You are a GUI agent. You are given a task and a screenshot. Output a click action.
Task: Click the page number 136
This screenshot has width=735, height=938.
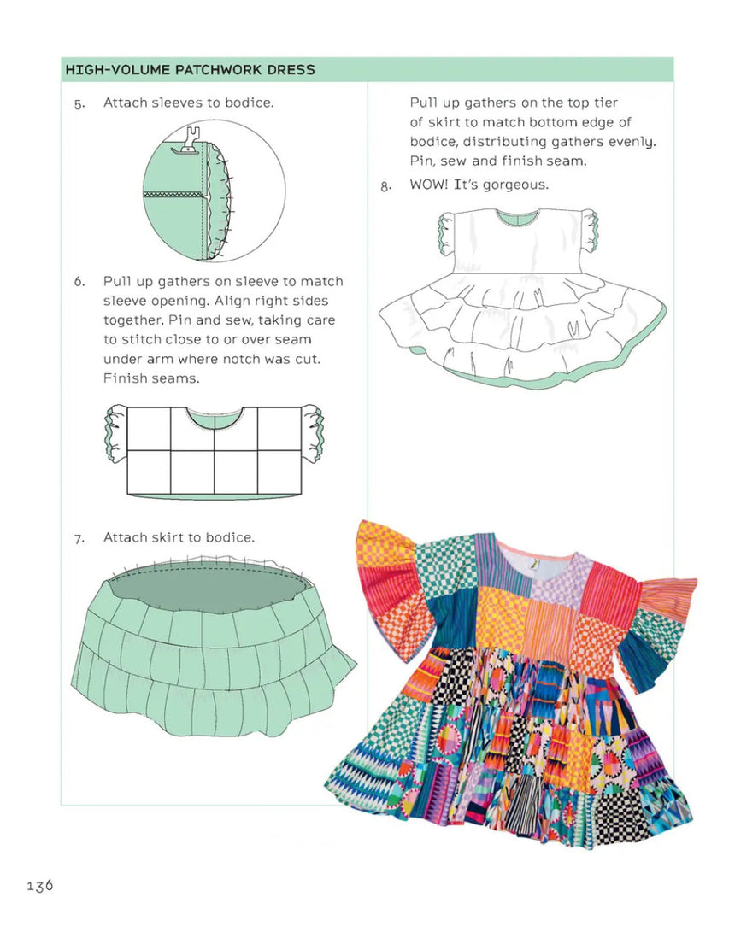click(39, 885)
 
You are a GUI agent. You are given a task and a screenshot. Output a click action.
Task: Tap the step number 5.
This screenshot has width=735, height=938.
click(79, 104)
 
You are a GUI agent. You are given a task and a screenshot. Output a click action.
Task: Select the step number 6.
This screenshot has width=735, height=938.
click(79, 282)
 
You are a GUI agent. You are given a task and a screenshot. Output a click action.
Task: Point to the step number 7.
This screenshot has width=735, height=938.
click(79, 539)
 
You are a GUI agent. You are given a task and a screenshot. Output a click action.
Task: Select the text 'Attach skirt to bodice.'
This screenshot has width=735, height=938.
click(179, 537)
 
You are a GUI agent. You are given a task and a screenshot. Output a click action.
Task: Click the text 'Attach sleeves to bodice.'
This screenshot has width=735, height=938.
click(189, 103)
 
